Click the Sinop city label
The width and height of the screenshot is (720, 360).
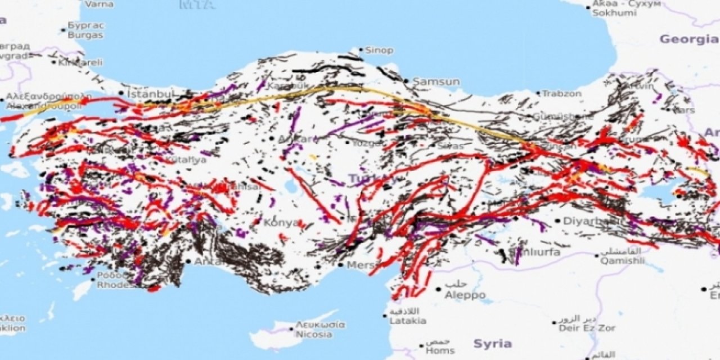[379, 51]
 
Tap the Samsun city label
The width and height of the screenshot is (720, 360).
[436, 82]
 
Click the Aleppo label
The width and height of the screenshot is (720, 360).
[465, 295]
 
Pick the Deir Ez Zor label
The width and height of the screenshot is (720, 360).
[587, 328]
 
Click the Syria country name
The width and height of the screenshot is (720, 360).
[493, 344]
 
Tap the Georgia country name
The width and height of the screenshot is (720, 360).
[688, 39]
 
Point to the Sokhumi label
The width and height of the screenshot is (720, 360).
[614, 13]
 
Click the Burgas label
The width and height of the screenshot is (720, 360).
[85, 35]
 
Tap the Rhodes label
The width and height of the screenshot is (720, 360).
[116, 285]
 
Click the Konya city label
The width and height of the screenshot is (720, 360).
[281, 223]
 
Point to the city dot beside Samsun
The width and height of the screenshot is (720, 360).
[406, 81]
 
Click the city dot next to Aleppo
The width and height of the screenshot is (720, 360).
[438, 289]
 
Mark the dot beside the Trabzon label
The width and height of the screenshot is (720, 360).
[538, 93]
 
